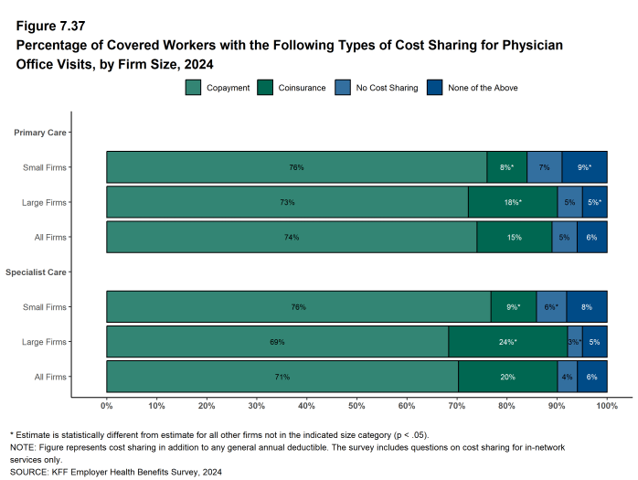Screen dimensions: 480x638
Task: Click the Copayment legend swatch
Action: coord(194,88)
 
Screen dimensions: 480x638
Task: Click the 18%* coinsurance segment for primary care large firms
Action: coord(513,202)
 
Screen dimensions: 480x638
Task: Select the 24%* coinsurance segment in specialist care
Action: coord(508,342)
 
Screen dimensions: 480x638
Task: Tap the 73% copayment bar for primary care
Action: coord(287,202)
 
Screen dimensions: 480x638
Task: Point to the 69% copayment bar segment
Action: coord(277,342)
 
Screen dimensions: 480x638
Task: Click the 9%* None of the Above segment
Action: coord(584,167)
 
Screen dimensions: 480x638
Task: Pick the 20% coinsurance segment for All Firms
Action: coord(507,377)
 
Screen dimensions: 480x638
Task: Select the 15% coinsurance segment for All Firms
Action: coord(515,237)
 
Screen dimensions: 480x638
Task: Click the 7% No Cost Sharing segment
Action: coord(545,167)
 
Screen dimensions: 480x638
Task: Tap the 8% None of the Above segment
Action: coord(586,307)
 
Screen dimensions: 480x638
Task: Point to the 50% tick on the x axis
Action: coord(356,405)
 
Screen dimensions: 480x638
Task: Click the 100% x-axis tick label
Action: coord(606,405)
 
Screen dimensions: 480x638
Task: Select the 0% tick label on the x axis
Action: coord(107,405)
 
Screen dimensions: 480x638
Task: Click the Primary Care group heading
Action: coord(39,133)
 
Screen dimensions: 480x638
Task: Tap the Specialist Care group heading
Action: coord(36,272)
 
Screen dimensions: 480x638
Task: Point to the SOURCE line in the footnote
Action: coord(116,472)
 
